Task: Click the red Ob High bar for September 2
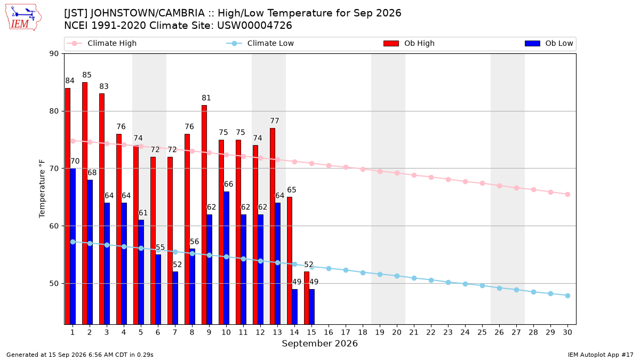click(85, 203)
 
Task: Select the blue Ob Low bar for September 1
click(73, 246)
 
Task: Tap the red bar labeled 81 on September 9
click(204, 214)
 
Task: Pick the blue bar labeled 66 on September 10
click(226, 258)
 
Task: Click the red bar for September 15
click(307, 298)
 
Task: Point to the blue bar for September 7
click(175, 298)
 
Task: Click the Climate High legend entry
click(102, 43)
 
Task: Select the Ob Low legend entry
click(549, 43)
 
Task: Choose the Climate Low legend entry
click(260, 43)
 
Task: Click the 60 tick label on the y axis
click(54, 226)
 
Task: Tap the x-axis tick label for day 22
click(431, 332)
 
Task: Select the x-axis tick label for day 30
click(567, 332)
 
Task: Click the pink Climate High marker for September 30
click(567, 194)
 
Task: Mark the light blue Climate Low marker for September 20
click(397, 276)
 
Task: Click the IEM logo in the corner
click(23, 18)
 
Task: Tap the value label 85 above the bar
click(87, 75)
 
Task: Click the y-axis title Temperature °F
click(42, 189)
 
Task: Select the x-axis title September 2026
click(319, 343)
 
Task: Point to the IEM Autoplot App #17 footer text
click(601, 355)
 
